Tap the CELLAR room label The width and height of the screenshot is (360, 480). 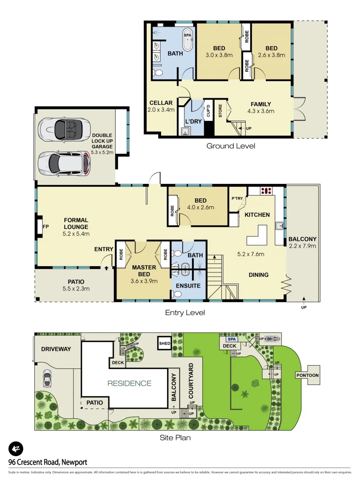(161, 103)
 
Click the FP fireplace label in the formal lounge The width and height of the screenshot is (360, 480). (45, 226)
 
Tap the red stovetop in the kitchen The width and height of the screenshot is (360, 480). (266, 191)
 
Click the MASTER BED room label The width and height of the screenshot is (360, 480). (144, 271)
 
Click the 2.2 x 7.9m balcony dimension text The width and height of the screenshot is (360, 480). (302, 245)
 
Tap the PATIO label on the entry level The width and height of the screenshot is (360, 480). (76, 282)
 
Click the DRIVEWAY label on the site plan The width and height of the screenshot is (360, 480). (56, 349)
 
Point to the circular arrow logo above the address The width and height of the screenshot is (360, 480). (16, 449)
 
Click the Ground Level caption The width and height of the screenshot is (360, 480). (231, 146)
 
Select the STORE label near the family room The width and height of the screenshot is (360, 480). (220, 112)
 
